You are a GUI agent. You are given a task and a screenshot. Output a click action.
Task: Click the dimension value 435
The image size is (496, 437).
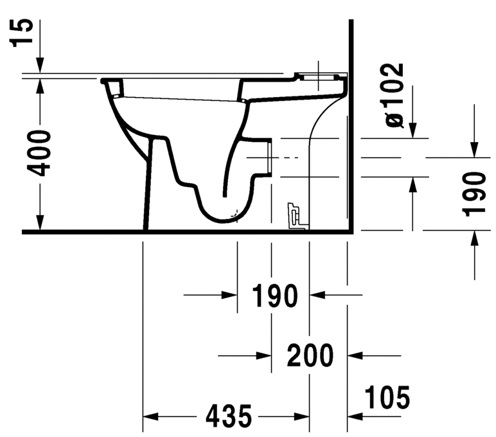(x=228, y=417)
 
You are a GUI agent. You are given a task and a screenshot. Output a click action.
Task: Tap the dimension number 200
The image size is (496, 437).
(x=310, y=355)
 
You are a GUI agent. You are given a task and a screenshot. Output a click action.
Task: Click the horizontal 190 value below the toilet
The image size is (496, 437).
(x=274, y=296)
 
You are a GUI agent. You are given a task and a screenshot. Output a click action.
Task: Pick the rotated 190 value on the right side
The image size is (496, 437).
(x=475, y=193)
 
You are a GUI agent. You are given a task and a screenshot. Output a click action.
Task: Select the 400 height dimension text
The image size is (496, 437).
(x=40, y=152)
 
